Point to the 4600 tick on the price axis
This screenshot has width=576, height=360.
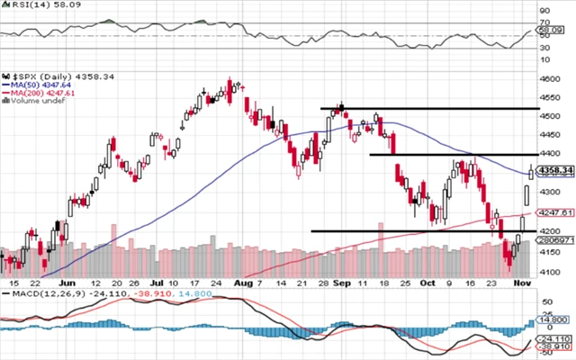pyautogui.click(x=550, y=79)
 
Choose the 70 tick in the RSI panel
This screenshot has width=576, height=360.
pyautogui.click(x=544, y=22)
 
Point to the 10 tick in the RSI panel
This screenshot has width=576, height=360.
pyautogui.click(x=544, y=60)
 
